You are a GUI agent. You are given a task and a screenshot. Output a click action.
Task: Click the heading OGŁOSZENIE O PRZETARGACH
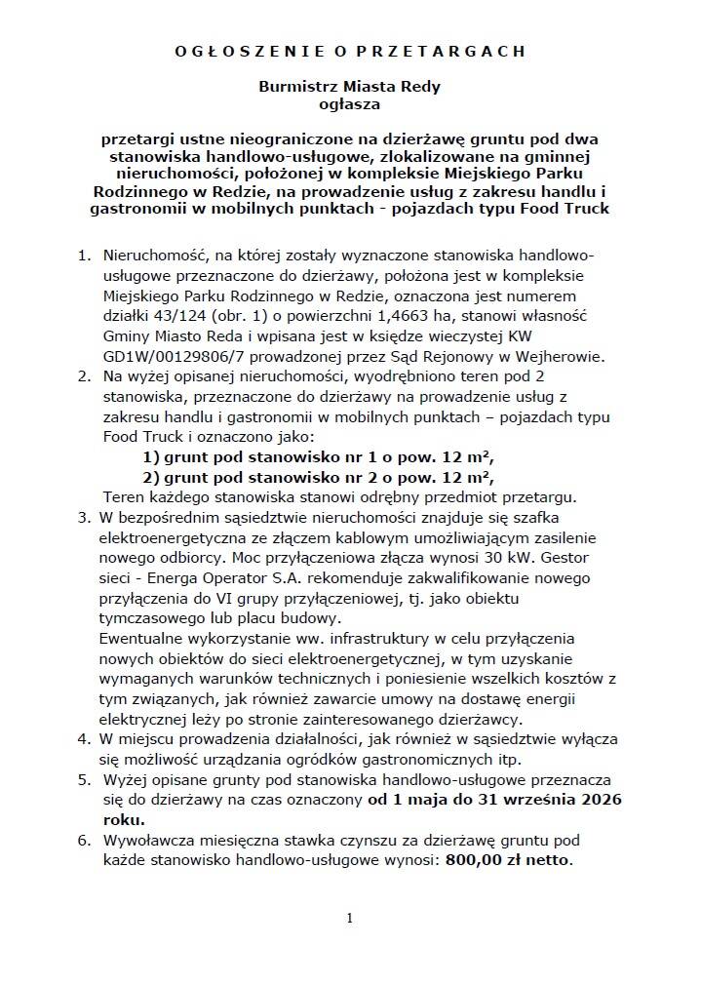[349, 50]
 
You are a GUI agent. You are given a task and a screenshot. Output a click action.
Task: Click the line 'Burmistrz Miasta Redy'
[349, 86]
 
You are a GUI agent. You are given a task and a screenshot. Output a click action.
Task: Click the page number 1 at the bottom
[349, 918]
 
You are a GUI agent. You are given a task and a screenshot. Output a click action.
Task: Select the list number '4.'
[85, 739]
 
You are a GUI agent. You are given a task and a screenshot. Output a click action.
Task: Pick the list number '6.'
[85, 841]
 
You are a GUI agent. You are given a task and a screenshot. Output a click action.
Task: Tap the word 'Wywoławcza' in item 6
[147, 841]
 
